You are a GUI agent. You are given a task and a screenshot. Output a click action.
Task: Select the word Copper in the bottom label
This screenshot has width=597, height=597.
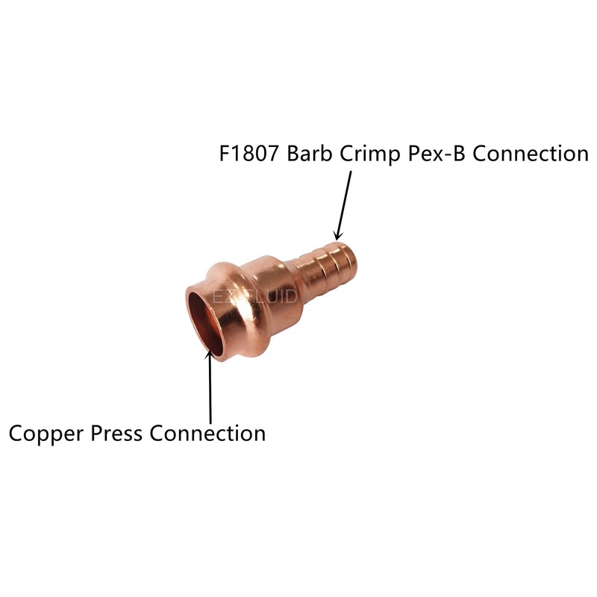(x=44, y=434)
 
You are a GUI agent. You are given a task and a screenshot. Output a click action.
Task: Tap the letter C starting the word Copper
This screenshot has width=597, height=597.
(x=15, y=434)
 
